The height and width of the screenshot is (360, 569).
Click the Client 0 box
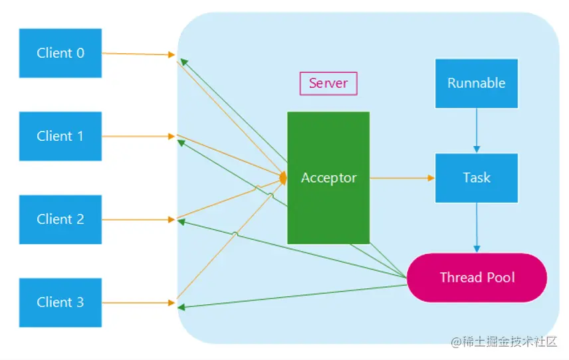(x=60, y=53)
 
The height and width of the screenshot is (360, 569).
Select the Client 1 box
(x=60, y=136)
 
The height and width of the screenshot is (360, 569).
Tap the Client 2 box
(x=60, y=219)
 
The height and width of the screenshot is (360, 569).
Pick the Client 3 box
(x=60, y=302)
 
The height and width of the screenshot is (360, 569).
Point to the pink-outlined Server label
(x=328, y=84)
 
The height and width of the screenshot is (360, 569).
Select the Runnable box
(x=476, y=83)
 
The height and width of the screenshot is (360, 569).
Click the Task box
(x=476, y=178)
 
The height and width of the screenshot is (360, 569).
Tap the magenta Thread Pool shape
(x=477, y=278)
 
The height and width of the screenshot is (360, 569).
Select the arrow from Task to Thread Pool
(x=476, y=228)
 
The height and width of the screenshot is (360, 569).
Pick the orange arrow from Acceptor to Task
(x=401, y=178)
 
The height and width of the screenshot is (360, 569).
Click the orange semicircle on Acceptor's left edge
(x=284, y=178)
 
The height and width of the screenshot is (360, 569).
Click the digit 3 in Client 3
(x=80, y=302)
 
